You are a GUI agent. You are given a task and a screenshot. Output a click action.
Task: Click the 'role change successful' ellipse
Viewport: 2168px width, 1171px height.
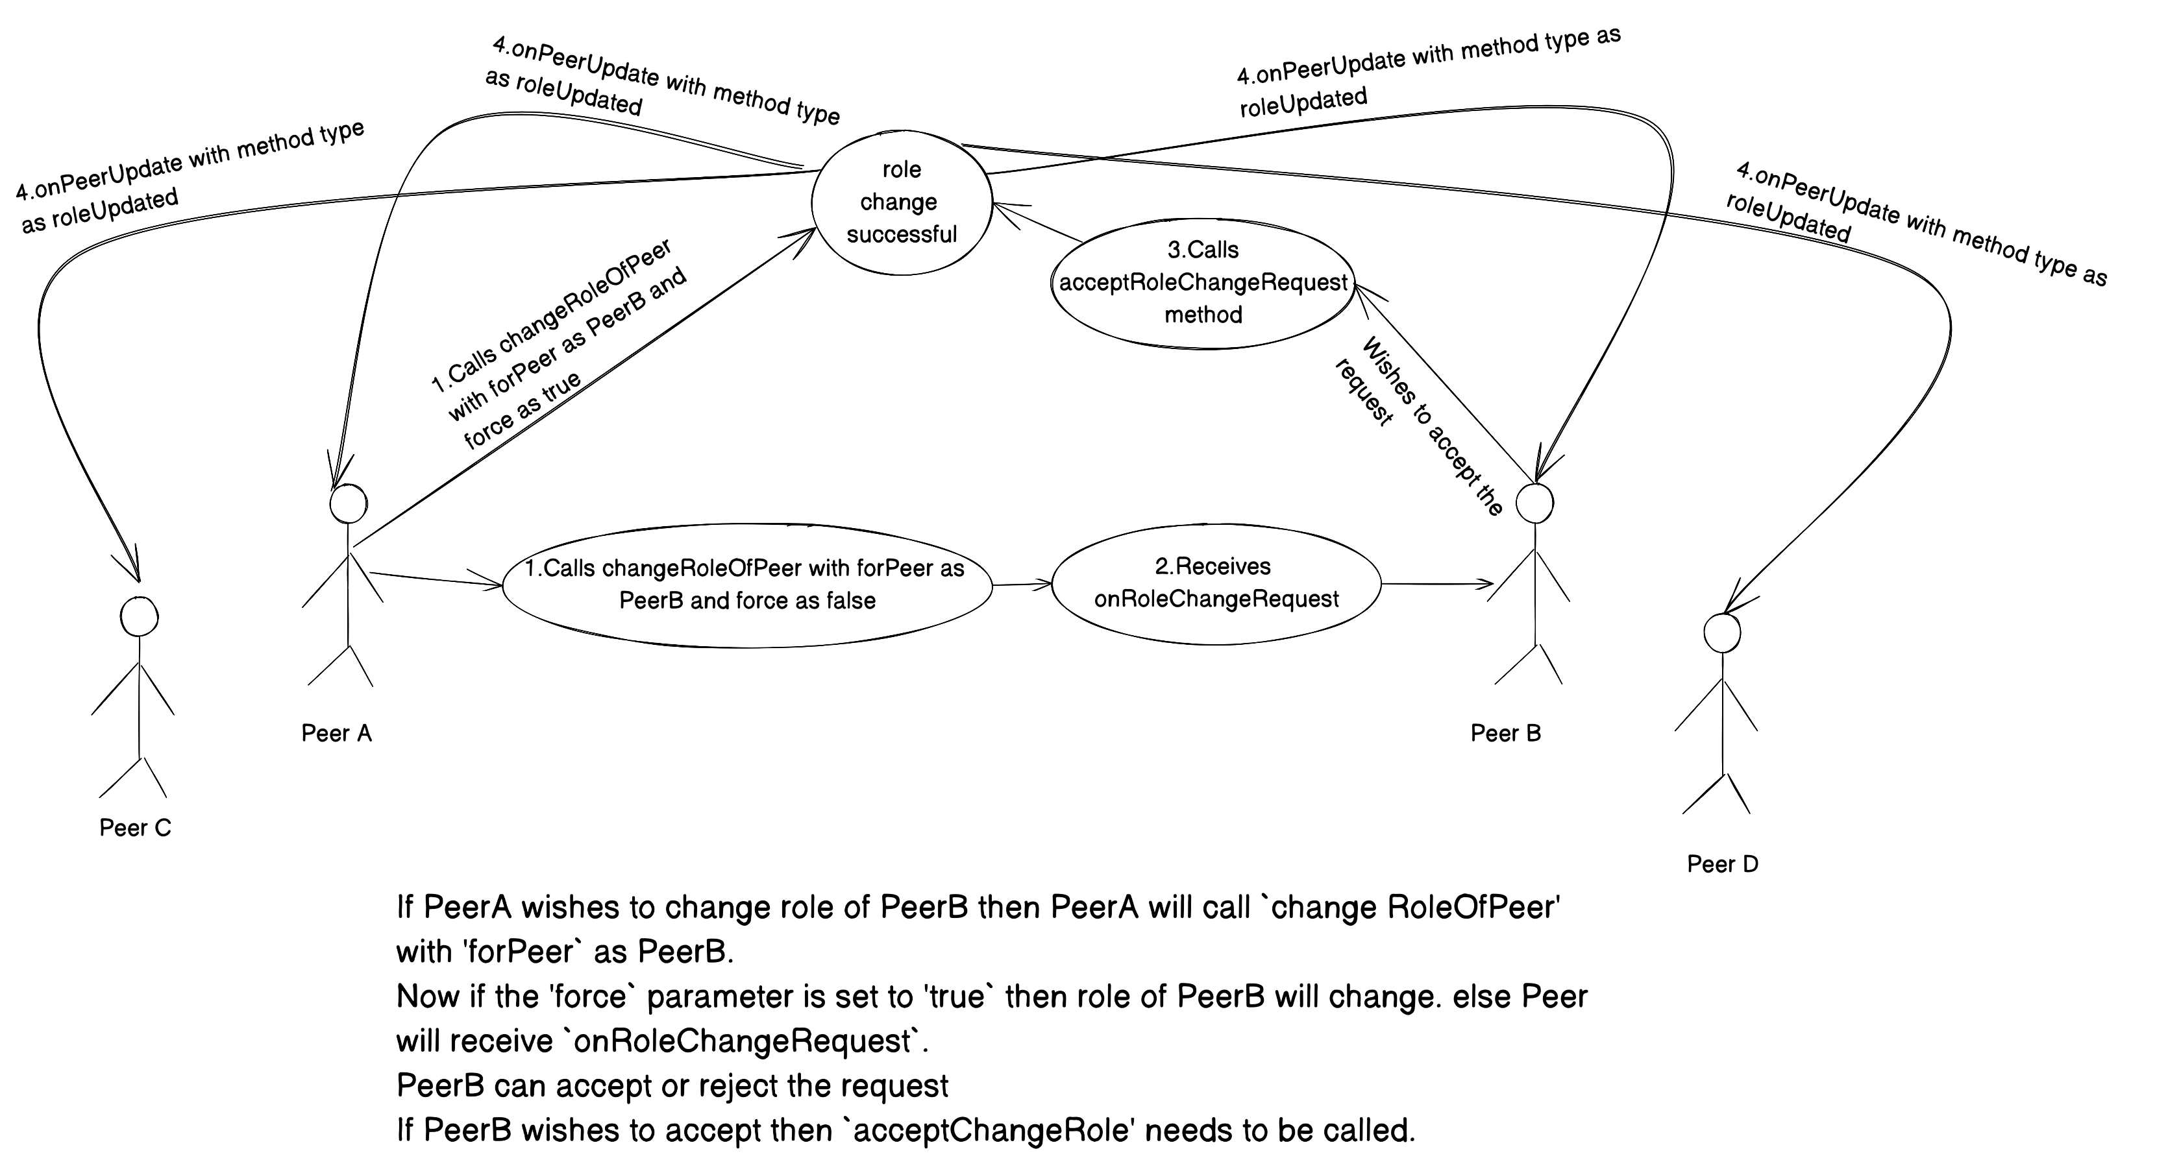[x=900, y=202]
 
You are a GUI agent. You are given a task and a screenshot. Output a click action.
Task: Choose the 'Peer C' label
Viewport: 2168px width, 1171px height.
[x=134, y=828]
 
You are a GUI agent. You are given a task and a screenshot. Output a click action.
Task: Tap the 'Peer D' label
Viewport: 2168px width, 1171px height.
[x=1722, y=865]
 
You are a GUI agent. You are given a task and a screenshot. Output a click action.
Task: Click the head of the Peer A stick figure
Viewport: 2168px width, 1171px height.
[x=347, y=505]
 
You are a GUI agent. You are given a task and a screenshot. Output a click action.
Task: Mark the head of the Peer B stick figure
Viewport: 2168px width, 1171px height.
[x=1534, y=503]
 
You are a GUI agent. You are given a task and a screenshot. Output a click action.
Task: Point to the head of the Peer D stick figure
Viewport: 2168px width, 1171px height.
[x=1722, y=633]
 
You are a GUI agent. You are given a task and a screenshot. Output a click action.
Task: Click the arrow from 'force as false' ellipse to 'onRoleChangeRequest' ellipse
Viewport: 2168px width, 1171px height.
[x=1022, y=584]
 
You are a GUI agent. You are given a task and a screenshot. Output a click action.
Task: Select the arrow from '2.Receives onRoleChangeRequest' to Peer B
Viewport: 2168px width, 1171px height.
[x=1436, y=583]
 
